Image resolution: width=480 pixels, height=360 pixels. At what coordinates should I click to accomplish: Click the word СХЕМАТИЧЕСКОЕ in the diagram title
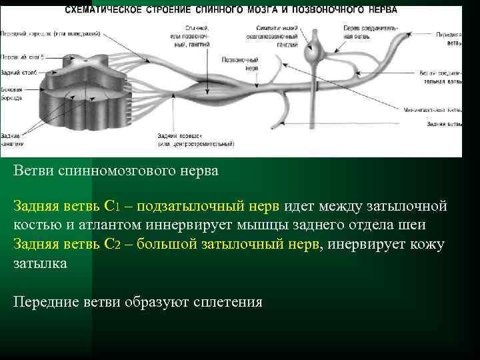click(104, 10)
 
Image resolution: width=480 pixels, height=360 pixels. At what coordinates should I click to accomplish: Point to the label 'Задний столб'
click(15, 73)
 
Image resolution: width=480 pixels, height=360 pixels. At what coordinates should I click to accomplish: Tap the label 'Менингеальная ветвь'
click(433, 110)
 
